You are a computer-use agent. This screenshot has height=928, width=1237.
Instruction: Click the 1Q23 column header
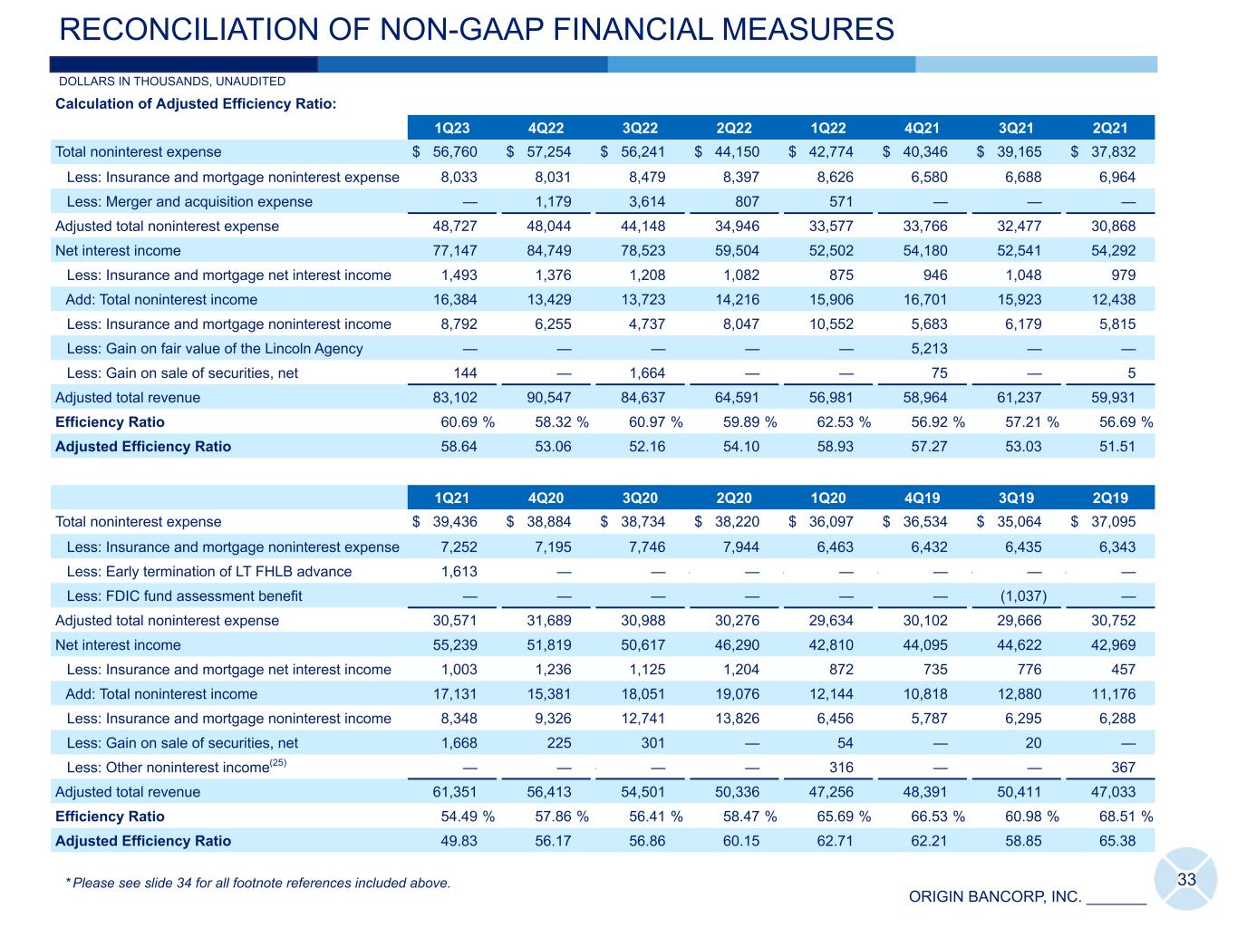click(452, 128)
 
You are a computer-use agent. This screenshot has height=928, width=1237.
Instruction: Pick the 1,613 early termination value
click(459, 572)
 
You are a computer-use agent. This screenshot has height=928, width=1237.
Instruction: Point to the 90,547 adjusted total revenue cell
click(553, 398)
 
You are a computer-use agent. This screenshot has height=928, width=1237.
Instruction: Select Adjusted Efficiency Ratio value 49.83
click(459, 841)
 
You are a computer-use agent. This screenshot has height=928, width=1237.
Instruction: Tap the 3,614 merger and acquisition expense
click(646, 202)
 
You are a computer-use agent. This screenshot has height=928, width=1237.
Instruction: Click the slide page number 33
click(1187, 880)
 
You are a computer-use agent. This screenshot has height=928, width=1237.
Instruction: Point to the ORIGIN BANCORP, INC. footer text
click(995, 897)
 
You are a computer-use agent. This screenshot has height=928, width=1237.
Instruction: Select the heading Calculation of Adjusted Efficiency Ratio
click(196, 104)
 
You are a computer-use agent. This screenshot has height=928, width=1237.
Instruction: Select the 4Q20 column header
click(546, 498)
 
